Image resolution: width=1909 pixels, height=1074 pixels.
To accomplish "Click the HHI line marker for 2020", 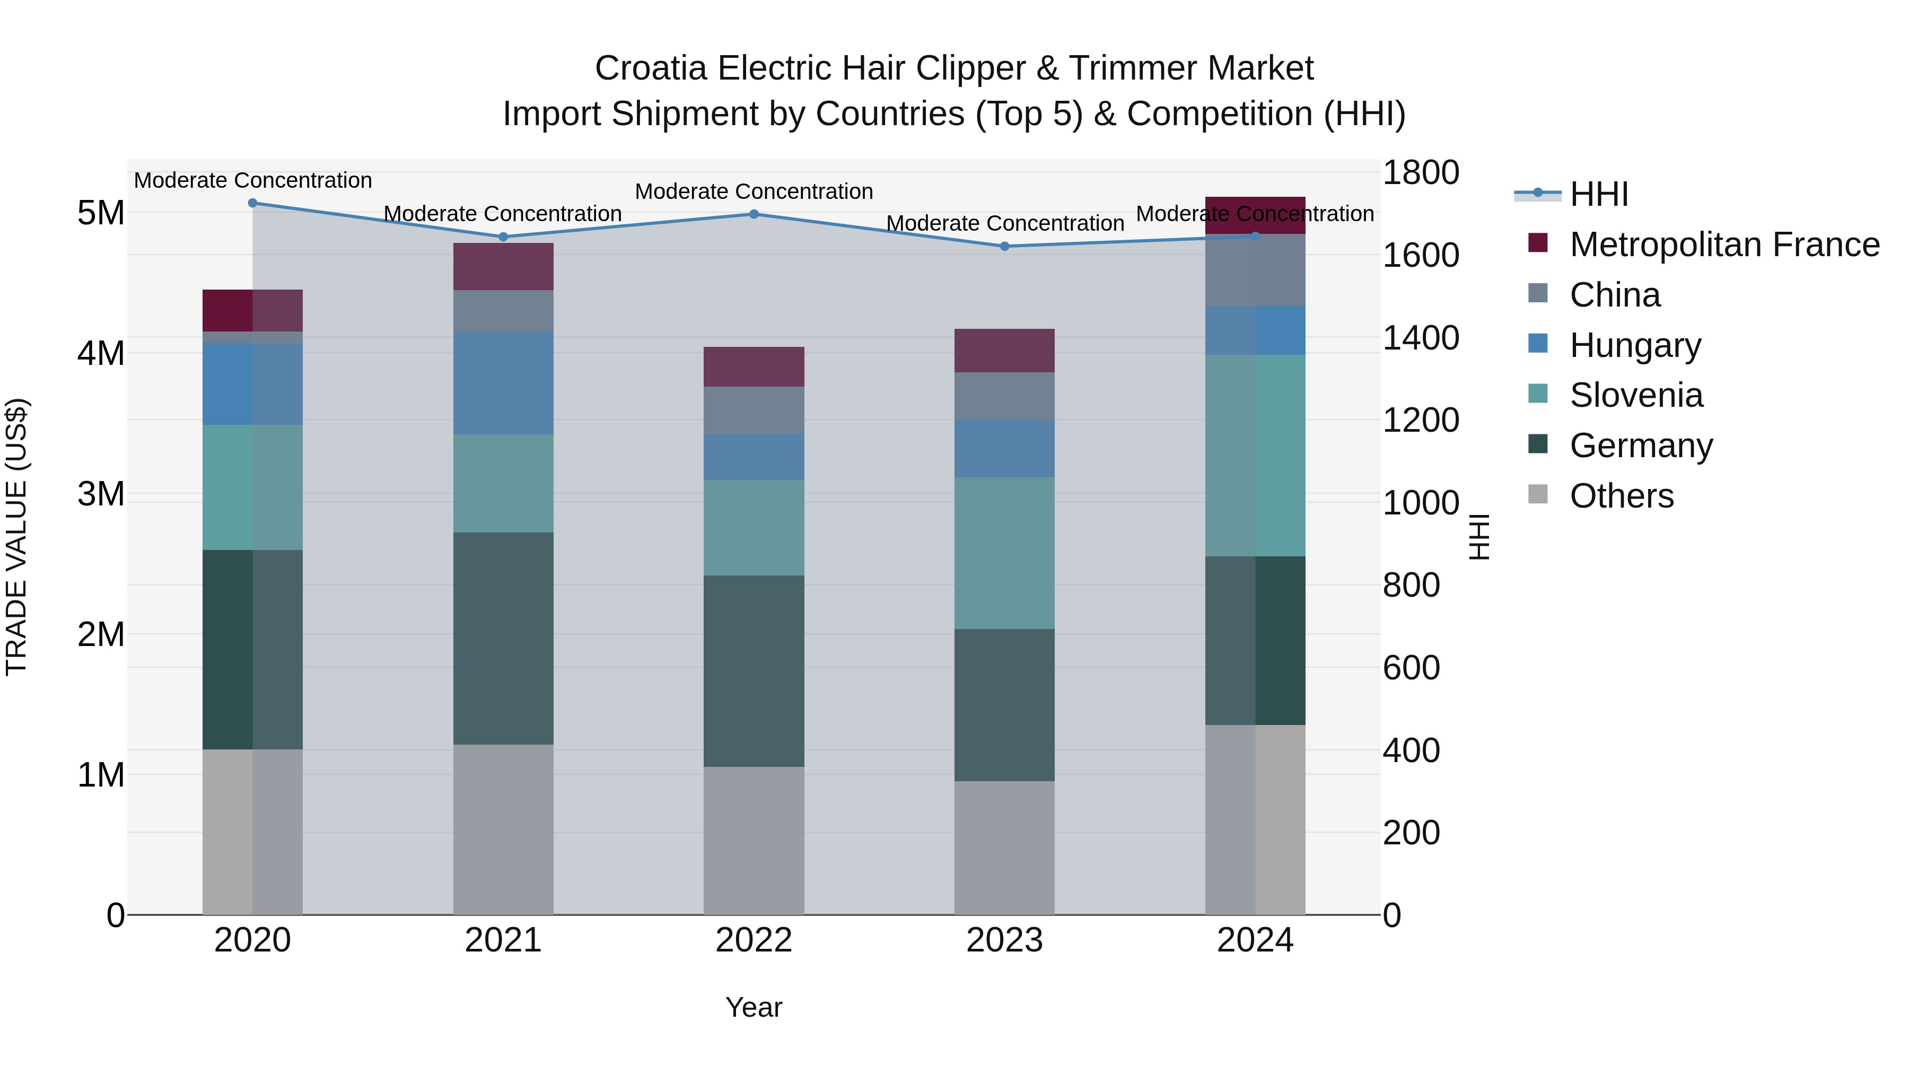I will pyautogui.click(x=253, y=203).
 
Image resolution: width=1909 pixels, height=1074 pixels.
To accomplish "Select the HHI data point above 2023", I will pyautogui.click(x=1004, y=246).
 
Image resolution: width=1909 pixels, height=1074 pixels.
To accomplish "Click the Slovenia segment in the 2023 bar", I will pyautogui.click(x=1004, y=553).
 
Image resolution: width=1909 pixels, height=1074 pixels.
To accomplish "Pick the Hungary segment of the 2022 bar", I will pyautogui.click(x=754, y=457).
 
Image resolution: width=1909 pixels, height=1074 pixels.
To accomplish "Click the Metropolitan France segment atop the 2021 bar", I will pyautogui.click(x=503, y=266).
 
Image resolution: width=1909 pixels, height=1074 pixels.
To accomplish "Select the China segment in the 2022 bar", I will pyautogui.click(x=754, y=410).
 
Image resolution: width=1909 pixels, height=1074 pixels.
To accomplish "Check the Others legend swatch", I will pyautogui.click(x=1538, y=494).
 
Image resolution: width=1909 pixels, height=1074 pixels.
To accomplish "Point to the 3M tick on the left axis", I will pyautogui.click(x=101, y=494).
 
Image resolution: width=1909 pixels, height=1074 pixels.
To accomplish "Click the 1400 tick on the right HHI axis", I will pyautogui.click(x=1421, y=338).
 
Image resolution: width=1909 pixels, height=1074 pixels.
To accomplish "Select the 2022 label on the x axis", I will pyautogui.click(x=754, y=940).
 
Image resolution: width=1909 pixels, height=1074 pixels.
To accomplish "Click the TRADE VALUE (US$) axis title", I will pyautogui.click(x=16, y=537).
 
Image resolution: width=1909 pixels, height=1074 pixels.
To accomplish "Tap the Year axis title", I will pyautogui.click(x=754, y=1007).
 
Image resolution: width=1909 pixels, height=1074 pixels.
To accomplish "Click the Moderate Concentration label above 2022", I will pyautogui.click(x=754, y=191).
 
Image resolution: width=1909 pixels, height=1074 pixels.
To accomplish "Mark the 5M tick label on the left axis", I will pyautogui.click(x=101, y=213).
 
